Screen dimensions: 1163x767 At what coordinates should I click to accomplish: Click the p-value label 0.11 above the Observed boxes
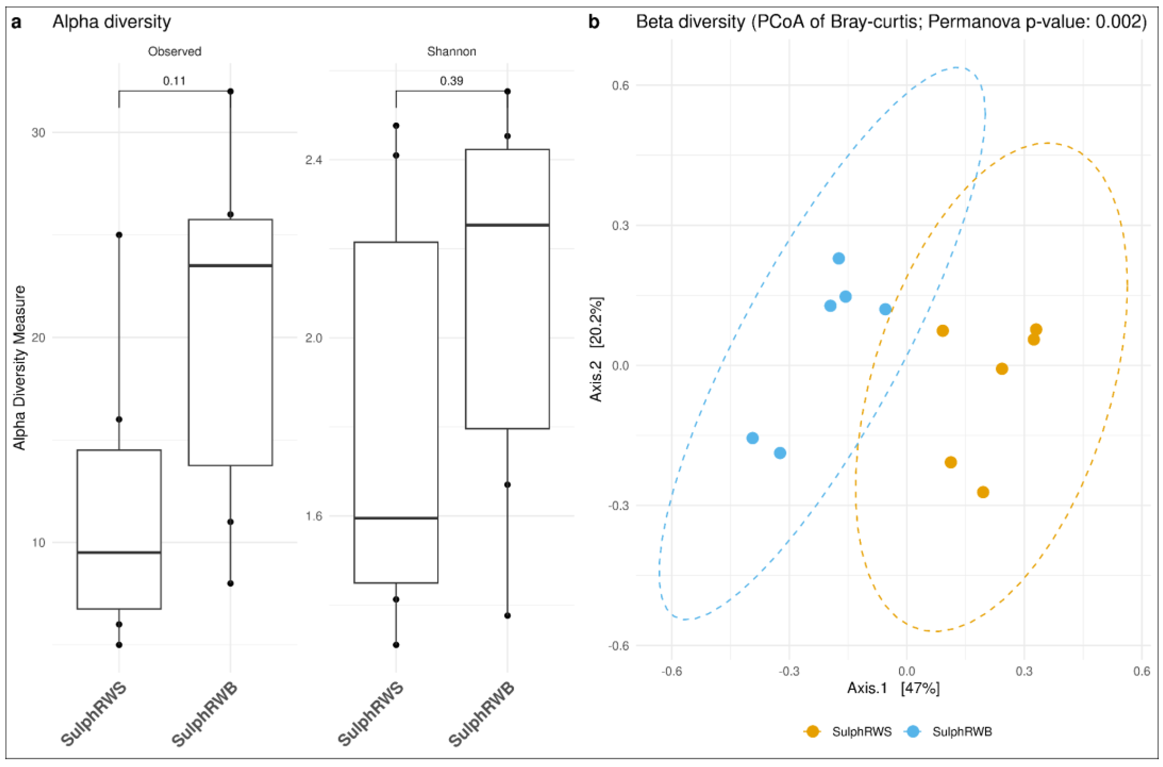tap(174, 81)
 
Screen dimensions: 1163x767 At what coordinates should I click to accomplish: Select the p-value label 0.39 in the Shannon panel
tap(451, 81)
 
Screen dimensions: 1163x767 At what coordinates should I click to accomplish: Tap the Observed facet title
tap(175, 51)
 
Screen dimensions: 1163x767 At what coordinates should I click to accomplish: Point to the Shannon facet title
tap(451, 51)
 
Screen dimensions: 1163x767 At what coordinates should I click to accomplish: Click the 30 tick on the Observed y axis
tap(38, 132)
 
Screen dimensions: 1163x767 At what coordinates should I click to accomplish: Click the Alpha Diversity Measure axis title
tap(19, 368)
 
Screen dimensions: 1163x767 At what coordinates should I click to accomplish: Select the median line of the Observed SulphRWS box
tap(119, 552)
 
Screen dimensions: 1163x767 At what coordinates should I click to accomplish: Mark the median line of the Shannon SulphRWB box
tap(507, 225)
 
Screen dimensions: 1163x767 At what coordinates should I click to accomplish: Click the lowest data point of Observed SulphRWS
tap(119, 645)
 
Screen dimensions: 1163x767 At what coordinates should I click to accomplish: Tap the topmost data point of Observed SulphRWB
tap(230, 91)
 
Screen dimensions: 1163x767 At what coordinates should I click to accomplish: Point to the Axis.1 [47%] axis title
tap(893, 688)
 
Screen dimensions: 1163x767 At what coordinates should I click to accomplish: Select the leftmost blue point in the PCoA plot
tap(753, 438)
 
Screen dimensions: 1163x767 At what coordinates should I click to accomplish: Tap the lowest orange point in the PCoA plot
tap(983, 492)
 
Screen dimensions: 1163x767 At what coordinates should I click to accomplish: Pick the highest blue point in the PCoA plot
tap(839, 258)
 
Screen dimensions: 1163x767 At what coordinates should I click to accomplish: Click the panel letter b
tap(594, 22)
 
